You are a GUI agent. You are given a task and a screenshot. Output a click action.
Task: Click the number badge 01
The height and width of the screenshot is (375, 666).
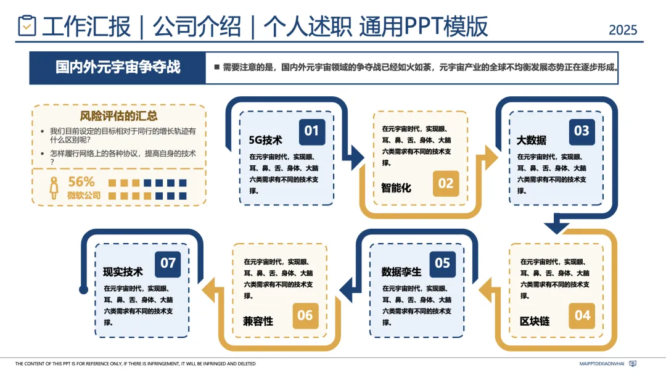coord(312,131)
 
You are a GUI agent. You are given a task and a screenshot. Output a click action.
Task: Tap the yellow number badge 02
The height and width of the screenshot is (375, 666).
coord(445,183)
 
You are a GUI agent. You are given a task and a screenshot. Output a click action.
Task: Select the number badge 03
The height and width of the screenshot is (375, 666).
coord(582,131)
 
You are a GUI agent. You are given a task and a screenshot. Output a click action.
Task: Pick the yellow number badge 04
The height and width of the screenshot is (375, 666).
coord(582,316)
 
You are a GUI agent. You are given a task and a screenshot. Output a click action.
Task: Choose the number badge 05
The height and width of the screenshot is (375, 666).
coord(442,263)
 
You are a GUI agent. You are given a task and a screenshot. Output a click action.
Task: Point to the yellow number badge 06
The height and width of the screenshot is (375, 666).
coord(305,316)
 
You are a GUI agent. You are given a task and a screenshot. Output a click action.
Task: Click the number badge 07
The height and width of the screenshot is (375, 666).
coord(168,263)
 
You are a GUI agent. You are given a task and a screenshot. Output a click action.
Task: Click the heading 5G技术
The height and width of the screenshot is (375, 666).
coord(265,140)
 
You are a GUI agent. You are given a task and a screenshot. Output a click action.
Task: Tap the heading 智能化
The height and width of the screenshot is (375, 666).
coord(396,187)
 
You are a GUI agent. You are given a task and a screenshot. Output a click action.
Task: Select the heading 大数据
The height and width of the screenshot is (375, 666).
coord(532,140)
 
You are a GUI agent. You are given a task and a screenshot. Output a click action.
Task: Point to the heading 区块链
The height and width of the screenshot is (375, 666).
coord(535,321)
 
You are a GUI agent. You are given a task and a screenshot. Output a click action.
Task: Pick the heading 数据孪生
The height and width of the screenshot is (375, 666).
coord(401,272)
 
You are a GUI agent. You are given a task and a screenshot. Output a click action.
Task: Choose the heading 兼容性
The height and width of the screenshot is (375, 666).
coord(258,321)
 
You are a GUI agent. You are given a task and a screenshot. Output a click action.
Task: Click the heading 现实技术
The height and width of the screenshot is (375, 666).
coord(123,272)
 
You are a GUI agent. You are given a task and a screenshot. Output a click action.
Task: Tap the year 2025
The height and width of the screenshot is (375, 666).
coord(623,30)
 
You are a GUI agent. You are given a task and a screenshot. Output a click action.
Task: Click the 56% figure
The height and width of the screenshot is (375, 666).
coord(81,182)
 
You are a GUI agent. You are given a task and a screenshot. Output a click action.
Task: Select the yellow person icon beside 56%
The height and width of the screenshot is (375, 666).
coord(54,187)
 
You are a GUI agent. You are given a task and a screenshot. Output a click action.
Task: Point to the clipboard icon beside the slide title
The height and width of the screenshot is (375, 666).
coord(27,26)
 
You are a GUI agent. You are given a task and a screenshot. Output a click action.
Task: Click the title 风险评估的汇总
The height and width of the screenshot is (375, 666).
coord(118,115)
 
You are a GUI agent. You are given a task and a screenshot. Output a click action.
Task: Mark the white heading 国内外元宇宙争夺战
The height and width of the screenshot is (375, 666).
coord(118,67)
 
